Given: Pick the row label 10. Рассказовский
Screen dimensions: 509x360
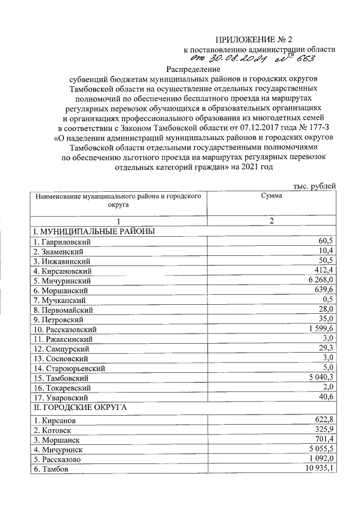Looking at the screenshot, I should [x=66, y=329].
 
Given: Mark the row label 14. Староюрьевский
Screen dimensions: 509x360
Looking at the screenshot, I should [x=68, y=368].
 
